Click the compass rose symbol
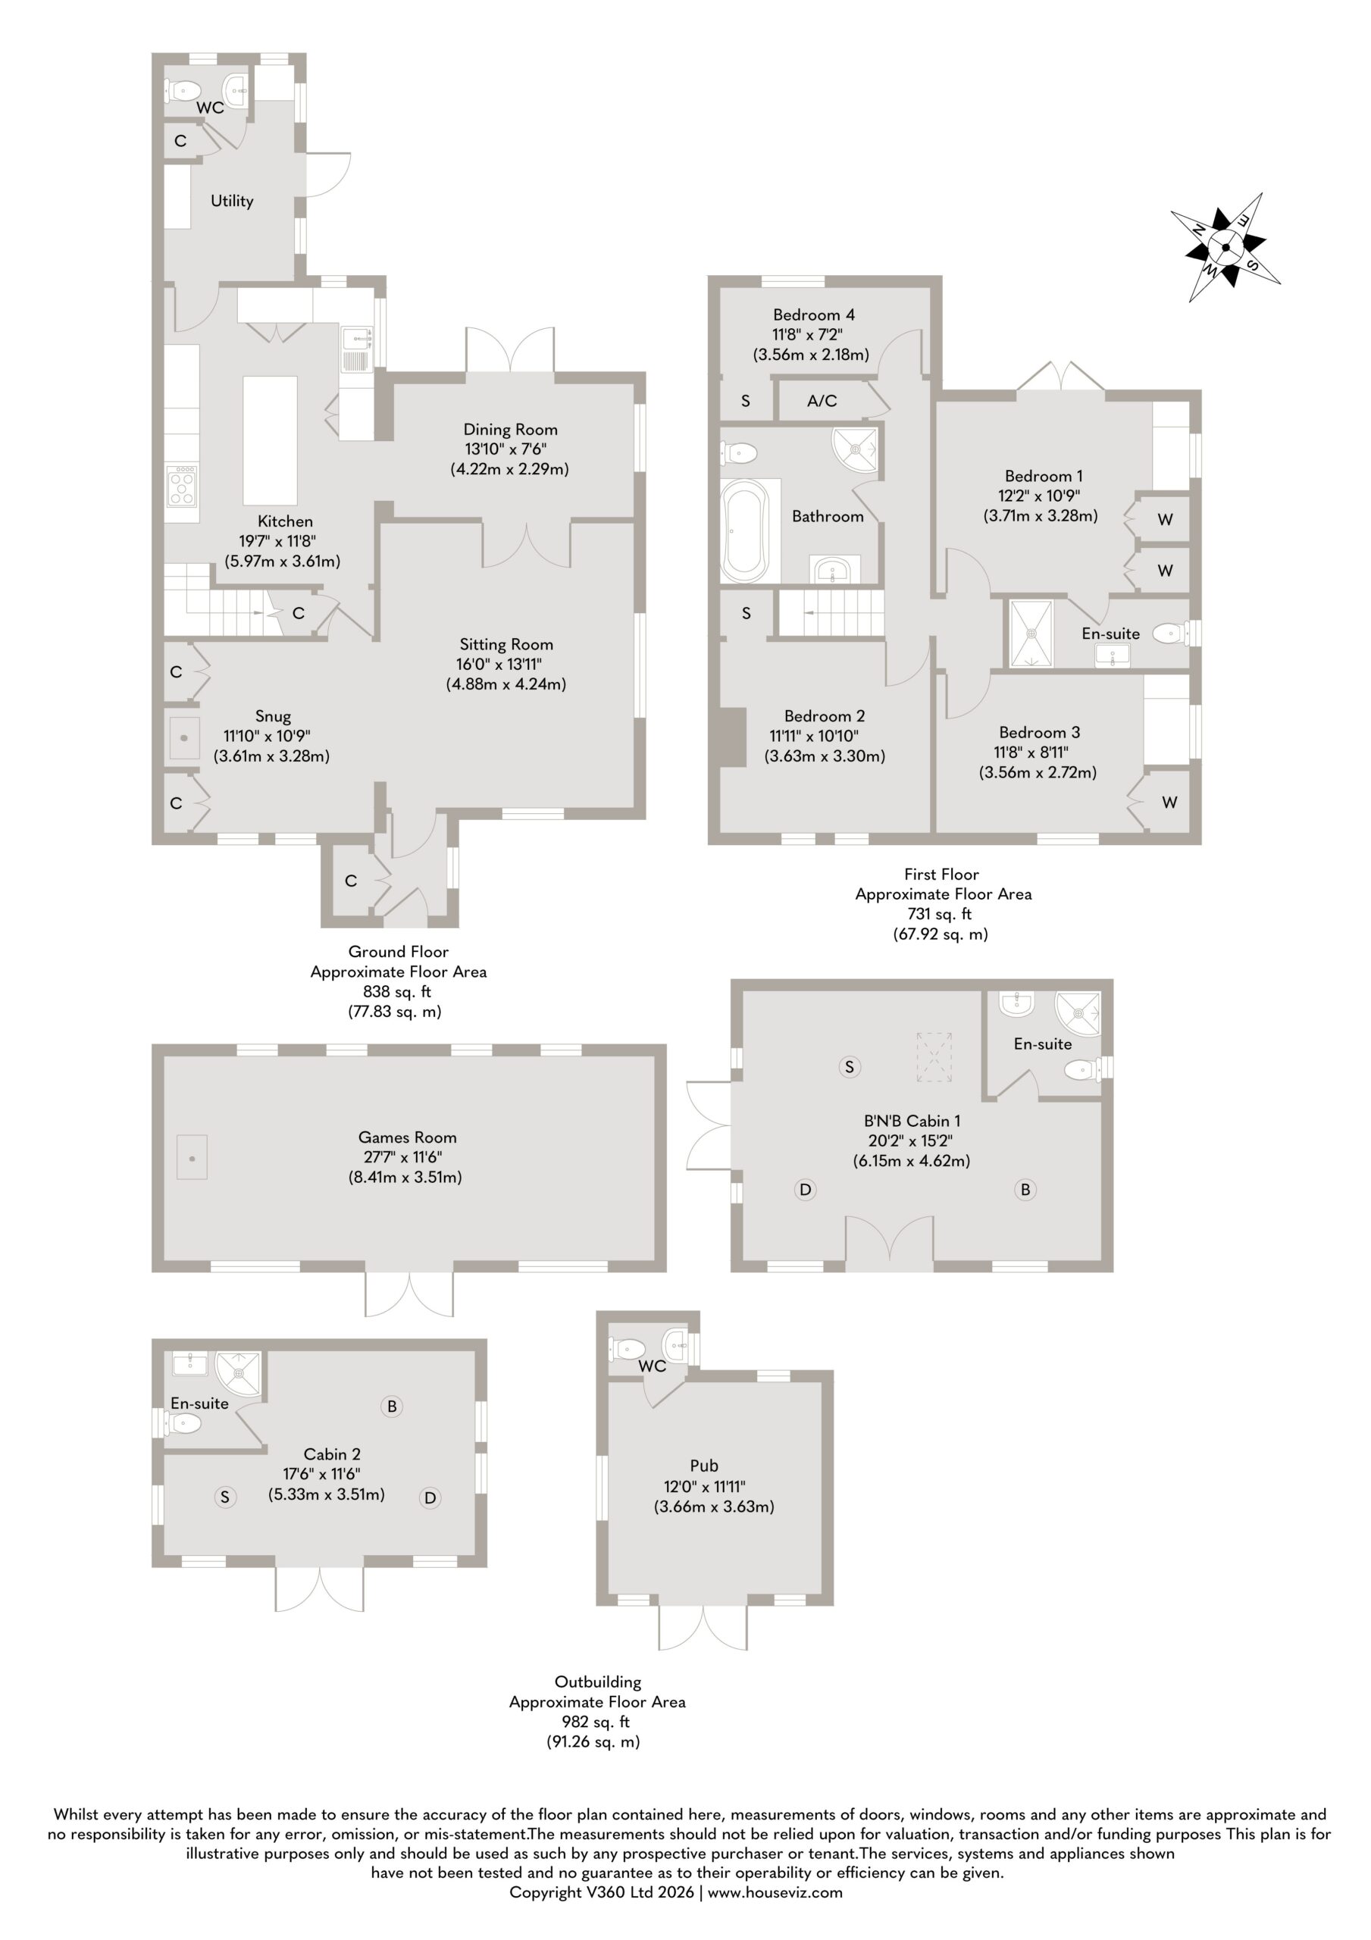click(1225, 247)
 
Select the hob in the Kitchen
click(183, 485)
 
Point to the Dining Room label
click(510, 429)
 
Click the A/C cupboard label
click(822, 401)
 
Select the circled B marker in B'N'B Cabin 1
click(1025, 1190)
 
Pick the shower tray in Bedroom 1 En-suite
click(1031, 634)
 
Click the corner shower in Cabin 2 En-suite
click(239, 1375)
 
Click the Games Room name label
click(408, 1137)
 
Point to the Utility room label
click(232, 200)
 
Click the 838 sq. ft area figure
click(397, 991)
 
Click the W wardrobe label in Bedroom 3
click(1170, 802)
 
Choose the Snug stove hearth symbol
click(183, 737)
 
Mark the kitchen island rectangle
click(271, 440)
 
